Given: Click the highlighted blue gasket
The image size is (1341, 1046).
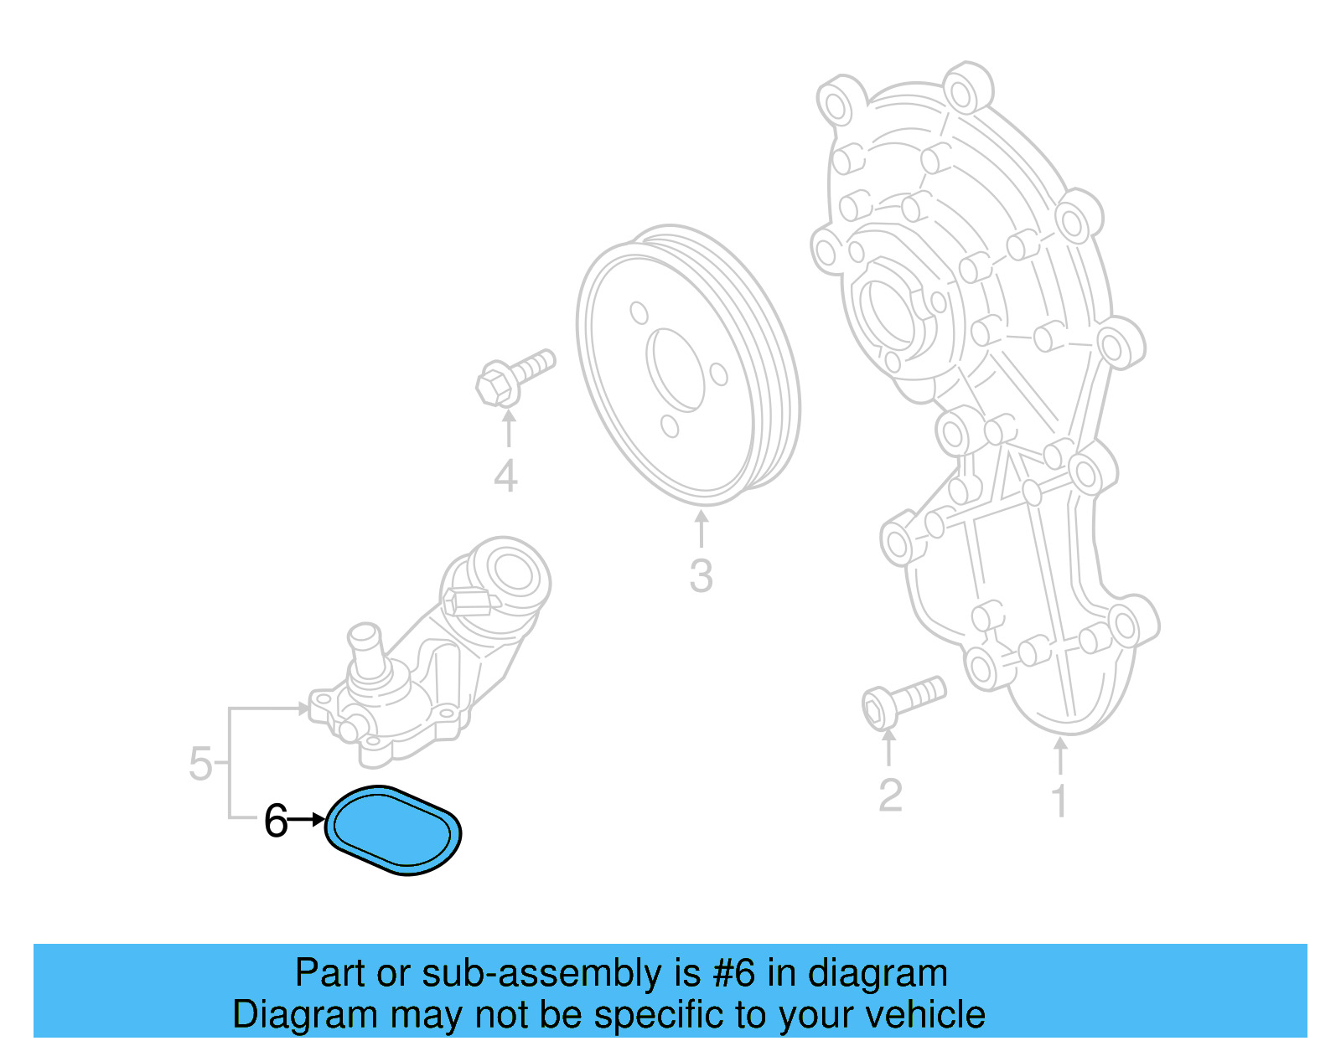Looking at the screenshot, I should (x=392, y=830).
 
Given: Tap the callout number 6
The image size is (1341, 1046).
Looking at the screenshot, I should (x=276, y=822).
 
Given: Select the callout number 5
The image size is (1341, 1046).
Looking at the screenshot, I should (x=200, y=764).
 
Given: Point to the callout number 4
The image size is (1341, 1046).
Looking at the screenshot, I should (x=505, y=477).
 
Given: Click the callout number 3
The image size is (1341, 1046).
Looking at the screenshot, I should (x=701, y=576).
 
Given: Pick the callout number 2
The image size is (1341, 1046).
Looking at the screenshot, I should (x=890, y=795).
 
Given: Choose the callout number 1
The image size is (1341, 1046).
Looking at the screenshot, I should (x=1059, y=801).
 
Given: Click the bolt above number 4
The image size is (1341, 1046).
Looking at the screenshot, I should (x=513, y=378).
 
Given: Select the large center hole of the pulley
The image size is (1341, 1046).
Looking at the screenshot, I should (x=676, y=369).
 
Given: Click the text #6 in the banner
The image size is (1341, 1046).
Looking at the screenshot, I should (x=733, y=973).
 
